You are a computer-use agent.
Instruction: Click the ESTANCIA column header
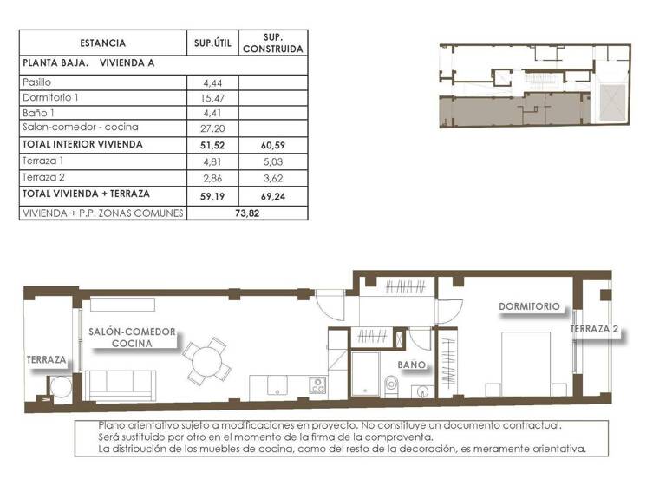point(102,43)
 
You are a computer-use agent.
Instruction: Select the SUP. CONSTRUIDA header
point(272,43)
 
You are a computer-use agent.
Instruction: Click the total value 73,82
point(248,212)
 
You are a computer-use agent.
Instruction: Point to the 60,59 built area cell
point(272,144)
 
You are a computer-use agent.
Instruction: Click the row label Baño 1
point(39,113)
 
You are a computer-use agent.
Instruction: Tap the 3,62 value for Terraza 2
point(272,176)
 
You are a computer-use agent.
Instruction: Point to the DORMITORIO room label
point(529,306)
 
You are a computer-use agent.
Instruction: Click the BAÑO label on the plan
point(412,365)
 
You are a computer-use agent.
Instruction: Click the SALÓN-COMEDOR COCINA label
point(132,337)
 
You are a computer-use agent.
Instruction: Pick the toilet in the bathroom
point(389,388)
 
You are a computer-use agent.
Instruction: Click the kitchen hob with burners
point(318,384)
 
